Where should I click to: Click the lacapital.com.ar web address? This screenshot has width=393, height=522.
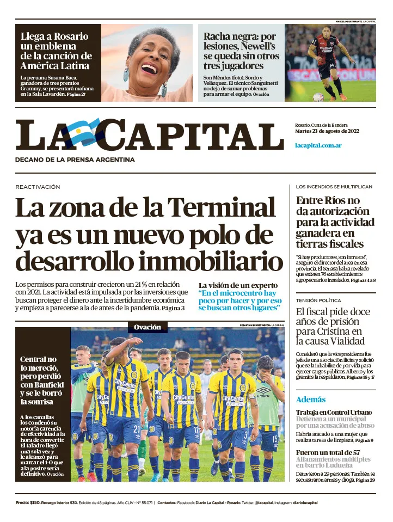tap(318, 145)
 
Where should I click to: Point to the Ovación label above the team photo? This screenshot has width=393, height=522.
tap(148, 327)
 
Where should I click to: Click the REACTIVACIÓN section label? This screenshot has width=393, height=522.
tap(38, 187)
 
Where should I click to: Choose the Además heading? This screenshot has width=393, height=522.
tap(311, 399)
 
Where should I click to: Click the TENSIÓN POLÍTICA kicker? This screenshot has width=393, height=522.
tap(318, 300)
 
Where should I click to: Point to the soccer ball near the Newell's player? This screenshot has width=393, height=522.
tap(318, 97)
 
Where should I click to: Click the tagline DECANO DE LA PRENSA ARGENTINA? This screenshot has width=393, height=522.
tap(75, 159)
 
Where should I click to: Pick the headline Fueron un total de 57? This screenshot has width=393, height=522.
tap(328, 452)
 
